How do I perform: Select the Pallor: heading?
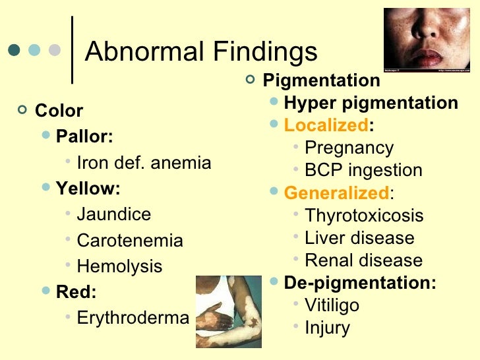pyautogui.click(x=84, y=136)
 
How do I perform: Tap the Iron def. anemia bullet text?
pyautogui.click(x=144, y=162)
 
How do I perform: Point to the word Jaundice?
pyautogui.click(x=113, y=214)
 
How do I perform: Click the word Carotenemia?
pyautogui.click(x=129, y=241)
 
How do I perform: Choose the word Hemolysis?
pyautogui.click(x=119, y=266)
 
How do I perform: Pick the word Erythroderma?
pyautogui.click(x=133, y=318)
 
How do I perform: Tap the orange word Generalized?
pyautogui.click(x=336, y=193)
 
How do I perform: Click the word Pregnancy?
pyautogui.click(x=349, y=148)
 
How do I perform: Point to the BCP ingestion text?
pyautogui.click(x=363, y=170)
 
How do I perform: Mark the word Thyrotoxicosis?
pyautogui.click(x=364, y=216)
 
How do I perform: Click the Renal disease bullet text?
pyautogui.click(x=363, y=260)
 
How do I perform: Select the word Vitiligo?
pyautogui.click(x=332, y=305)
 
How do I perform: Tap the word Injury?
pyautogui.click(x=327, y=328)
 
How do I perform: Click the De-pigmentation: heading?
pyautogui.click(x=360, y=283)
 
